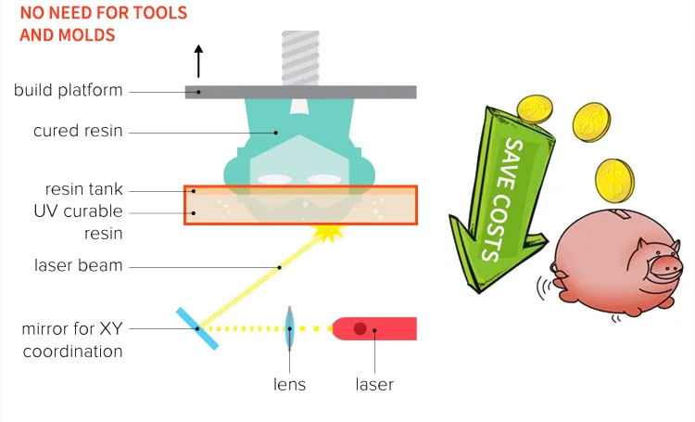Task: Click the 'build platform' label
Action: pyautogui.click(x=68, y=90)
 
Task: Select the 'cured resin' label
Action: pyautogui.click(x=78, y=131)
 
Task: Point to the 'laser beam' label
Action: pyautogui.click(x=78, y=265)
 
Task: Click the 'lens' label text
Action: pyautogui.click(x=289, y=384)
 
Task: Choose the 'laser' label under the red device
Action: pyautogui.click(x=374, y=384)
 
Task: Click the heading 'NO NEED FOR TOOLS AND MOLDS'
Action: pyautogui.click(x=103, y=24)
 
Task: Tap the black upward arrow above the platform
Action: pyautogui.click(x=197, y=60)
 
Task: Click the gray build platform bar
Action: pyautogui.click(x=300, y=91)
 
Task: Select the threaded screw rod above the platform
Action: pyautogui.click(x=300, y=57)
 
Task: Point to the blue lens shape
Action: pyautogui.click(x=289, y=327)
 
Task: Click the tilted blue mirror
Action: pyautogui.click(x=197, y=327)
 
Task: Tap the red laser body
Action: pyautogui.click(x=374, y=328)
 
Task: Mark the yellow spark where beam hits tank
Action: pyautogui.click(x=325, y=233)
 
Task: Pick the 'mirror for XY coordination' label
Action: pyautogui.click(x=72, y=340)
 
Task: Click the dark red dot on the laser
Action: pyautogui.click(x=360, y=328)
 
